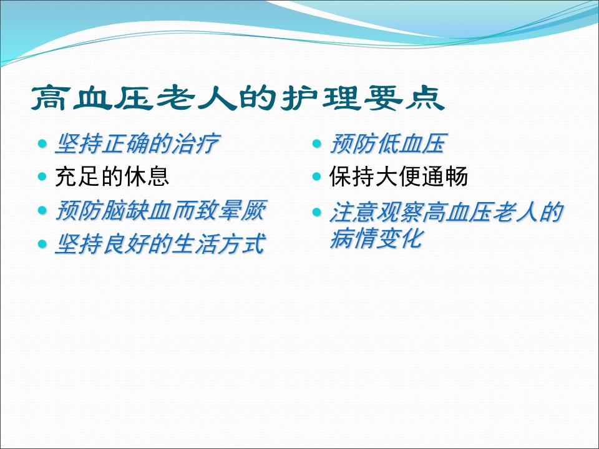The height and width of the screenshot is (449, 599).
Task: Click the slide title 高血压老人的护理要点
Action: point(238,98)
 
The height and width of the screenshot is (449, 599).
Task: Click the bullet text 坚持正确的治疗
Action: point(137,144)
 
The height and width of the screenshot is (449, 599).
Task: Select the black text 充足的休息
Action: point(112,176)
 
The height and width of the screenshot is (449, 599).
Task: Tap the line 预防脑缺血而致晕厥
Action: point(161,210)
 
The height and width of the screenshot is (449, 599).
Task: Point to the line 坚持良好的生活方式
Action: point(160,244)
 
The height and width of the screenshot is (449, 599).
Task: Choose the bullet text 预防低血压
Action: point(388,144)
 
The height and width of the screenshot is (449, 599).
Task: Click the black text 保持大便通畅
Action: point(399,176)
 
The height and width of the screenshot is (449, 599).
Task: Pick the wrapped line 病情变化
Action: point(377,239)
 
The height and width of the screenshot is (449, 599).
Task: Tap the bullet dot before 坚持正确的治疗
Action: point(42,144)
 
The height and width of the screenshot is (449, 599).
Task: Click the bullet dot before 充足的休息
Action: point(42,176)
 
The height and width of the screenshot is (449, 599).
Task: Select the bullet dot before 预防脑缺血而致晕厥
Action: point(42,210)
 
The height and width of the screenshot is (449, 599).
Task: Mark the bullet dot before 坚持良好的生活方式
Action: point(42,244)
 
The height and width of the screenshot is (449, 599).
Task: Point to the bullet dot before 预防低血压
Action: point(317,144)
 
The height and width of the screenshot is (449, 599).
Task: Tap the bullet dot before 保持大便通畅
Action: point(317,176)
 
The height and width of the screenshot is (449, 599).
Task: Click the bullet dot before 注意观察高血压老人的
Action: point(317,212)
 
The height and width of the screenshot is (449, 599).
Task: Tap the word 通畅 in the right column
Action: point(445,176)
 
